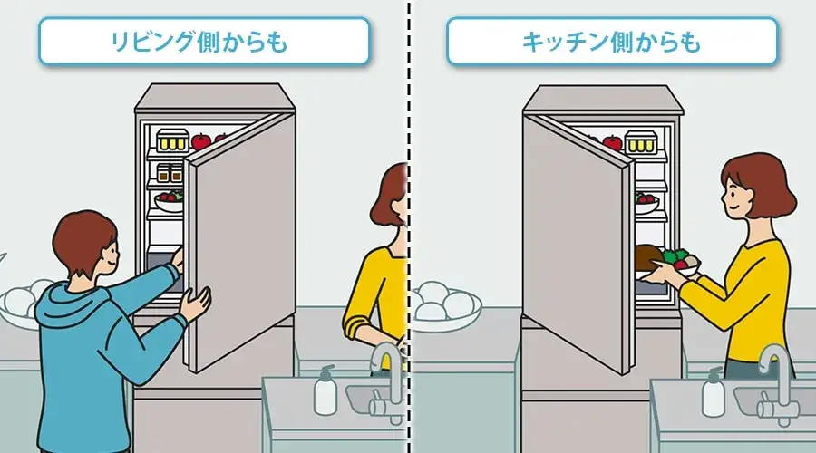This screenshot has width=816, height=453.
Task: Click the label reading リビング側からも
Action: tap(199, 42)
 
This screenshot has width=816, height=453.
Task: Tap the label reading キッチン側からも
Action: tap(611, 42)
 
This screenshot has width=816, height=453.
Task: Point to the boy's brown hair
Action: tap(83, 239)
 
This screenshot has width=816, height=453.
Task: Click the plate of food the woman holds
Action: tap(667, 262)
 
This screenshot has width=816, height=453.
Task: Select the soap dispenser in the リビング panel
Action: tap(325, 390)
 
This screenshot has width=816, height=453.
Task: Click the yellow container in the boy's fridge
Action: tap(173, 140)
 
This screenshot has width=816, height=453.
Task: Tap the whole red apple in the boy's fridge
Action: tap(201, 141)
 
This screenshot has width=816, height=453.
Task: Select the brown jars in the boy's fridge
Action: tap(170, 173)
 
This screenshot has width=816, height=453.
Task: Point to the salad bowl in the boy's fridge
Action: tap(169, 201)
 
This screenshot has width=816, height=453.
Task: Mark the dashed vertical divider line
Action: tap(409, 226)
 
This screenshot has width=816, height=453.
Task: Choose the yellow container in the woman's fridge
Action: tap(641, 141)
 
